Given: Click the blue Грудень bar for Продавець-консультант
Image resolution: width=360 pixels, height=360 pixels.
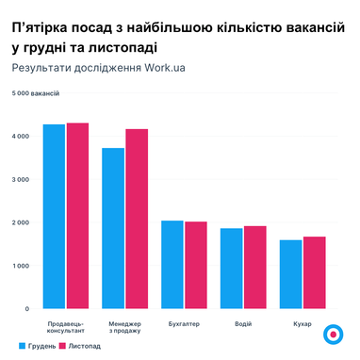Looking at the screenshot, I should click(x=54, y=217).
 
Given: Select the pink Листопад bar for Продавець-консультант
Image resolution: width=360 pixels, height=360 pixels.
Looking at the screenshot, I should click(x=77, y=216).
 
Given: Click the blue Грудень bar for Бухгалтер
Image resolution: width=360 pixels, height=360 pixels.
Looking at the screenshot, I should click(x=172, y=265).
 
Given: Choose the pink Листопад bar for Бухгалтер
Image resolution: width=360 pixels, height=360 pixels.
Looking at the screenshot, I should click(x=196, y=265).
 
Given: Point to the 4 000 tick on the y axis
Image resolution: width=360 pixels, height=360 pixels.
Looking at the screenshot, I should click(x=20, y=137).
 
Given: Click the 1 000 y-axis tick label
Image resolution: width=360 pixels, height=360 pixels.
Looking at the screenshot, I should click(x=20, y=266).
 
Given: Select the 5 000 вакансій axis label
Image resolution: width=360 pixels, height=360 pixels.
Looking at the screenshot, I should click(x=35, y=93).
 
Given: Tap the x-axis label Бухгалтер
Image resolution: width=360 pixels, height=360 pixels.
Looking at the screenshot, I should click(x=184, y=323).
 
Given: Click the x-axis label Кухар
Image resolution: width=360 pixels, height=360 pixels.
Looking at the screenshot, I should click(x=303, y=323).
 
